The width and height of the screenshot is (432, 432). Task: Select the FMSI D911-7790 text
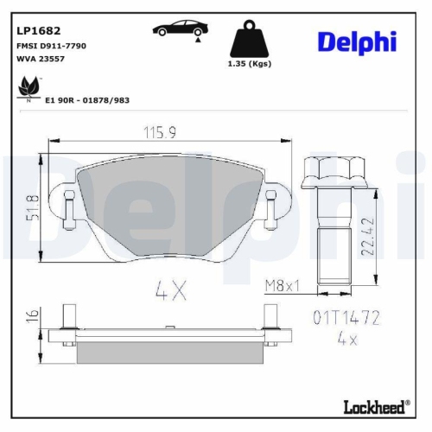click(x=50, y=44)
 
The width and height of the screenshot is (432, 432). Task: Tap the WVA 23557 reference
click(x=41, y=60)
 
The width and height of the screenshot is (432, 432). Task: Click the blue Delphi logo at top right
click(x=357, y=41)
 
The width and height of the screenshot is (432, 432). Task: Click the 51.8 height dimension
click(x=33, y=207)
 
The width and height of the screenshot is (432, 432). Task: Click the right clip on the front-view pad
click(x=272, y=205)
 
